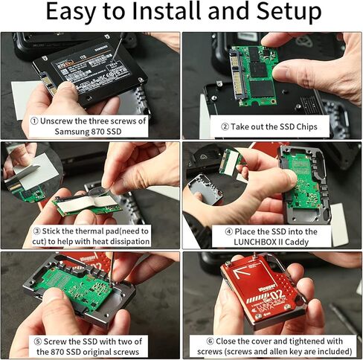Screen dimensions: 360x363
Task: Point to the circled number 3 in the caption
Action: (x=34, y=230)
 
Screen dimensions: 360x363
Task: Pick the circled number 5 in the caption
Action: (x=35, y=340)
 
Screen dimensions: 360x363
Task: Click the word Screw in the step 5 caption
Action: (x=57, y=340)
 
